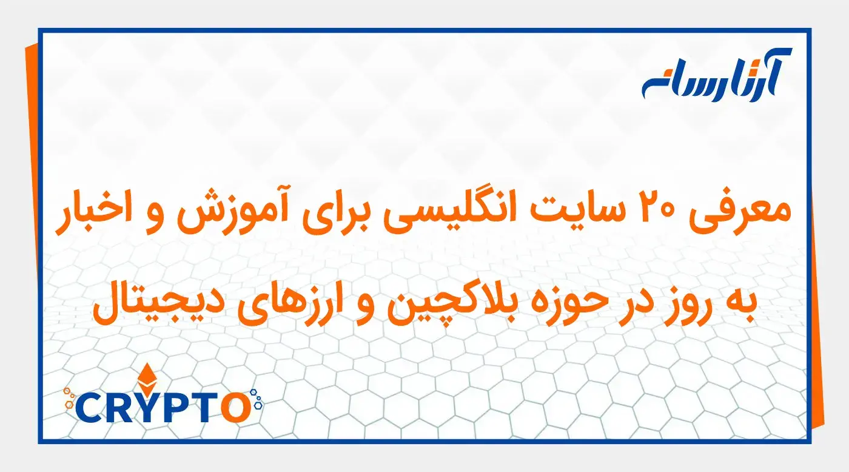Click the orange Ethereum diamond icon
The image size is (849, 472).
coord(146,379)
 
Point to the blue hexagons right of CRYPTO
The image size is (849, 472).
coord(258,397)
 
